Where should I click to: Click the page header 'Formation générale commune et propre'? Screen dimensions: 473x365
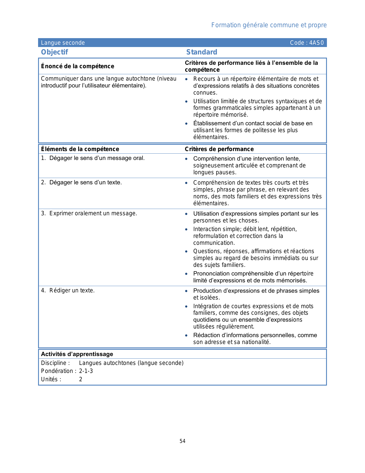(269, 25)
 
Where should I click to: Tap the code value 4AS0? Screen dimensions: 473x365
(316, 43)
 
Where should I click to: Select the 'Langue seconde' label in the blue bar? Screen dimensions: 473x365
(63, 43)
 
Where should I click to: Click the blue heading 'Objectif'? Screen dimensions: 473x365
(54, 52)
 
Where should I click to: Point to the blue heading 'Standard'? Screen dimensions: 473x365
(202, 52)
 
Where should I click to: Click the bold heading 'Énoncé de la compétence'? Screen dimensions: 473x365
(77, 66)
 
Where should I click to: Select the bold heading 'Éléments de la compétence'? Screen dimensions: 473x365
(80, 149)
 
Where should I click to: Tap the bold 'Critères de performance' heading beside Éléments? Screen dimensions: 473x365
(219, 149)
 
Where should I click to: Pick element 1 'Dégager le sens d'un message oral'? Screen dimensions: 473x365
(97, 158)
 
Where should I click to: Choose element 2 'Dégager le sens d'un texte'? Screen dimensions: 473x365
(85, 183)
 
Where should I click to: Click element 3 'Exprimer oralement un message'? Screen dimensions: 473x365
(93, 214)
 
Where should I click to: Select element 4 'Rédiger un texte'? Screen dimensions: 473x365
(72, 291)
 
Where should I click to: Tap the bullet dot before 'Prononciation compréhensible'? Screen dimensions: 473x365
(186, 274)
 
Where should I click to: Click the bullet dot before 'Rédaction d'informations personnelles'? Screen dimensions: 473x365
(186, 335)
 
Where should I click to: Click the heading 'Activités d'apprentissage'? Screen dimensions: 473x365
(77, 354)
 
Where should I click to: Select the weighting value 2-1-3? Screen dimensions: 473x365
(86, 371)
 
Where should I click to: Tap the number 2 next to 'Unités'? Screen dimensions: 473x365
(81, 380)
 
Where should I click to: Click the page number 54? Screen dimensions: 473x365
(182, 441)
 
